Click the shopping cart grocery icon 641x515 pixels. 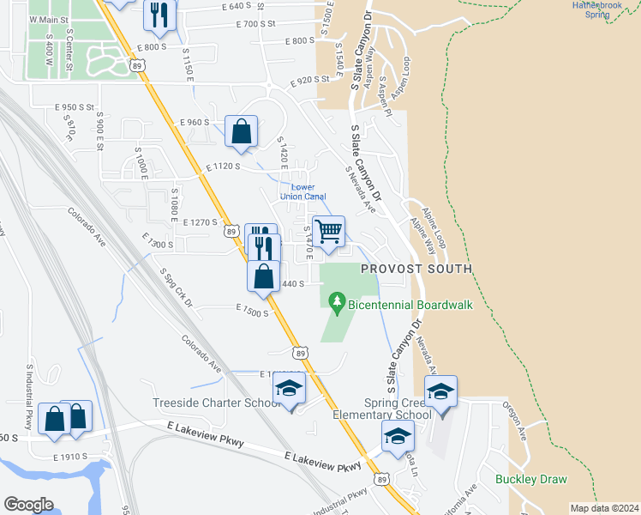[327, 231]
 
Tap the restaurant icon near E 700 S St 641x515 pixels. [159, 13]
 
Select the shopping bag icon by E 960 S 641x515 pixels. [242, 132]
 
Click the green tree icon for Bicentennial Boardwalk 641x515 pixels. [337, 302]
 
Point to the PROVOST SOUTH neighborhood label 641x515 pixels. [416, 269]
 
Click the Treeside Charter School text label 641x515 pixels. [216, 403]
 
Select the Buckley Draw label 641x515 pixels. [526, 479]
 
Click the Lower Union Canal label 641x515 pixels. [303, 191]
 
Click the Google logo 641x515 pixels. [28, 504]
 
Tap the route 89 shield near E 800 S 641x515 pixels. [138, 64]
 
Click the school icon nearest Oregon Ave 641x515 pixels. [440, 392]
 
